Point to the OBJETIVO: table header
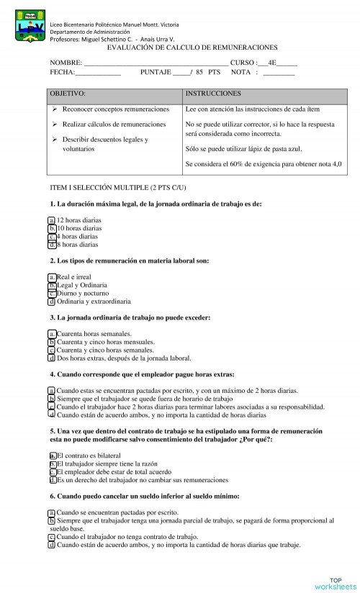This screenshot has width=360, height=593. (68, 94)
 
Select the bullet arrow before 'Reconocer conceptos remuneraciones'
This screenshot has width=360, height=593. (55, 109)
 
